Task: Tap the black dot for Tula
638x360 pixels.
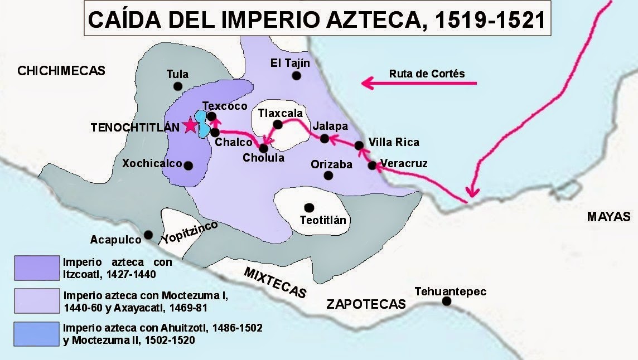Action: click(x=178, y=86)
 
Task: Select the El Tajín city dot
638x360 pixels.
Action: click(x=297, y=75)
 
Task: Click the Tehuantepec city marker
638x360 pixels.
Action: click(x=447, y=301)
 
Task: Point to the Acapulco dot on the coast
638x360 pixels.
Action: click(x=148, y=235)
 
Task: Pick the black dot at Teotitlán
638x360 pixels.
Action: click(x=309, y=207)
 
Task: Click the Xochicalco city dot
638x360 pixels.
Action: click(x=188, y=166)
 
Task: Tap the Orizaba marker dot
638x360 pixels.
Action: click(x=328, y=176)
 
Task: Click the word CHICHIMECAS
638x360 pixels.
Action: click(x=61, y=70)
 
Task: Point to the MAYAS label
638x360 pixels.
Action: click(x=608, y=217)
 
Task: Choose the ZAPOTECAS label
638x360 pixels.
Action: click(x=365, y=304)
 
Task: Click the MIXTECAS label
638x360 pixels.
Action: click(x=275, y=283)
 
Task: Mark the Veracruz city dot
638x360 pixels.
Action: click(x=372, y=165)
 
